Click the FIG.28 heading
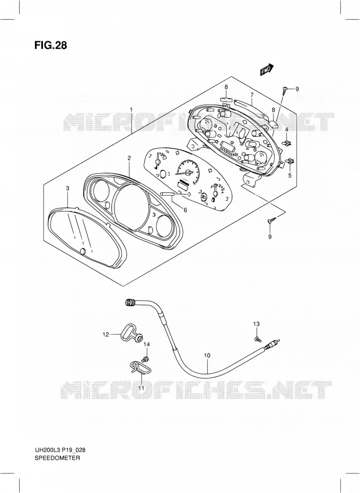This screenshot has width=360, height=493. (x=50, y=45)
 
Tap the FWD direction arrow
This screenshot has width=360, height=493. (x=267, y=70)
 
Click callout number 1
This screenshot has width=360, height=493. (x=131, y=110)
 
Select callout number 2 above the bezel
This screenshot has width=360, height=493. (x=129, y=159)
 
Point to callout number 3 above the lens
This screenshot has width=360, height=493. (x=67, y=188)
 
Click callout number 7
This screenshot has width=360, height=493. (x=252, y=95)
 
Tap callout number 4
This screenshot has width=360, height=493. (x=286, y=129)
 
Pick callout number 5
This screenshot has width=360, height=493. (x=290, y=175)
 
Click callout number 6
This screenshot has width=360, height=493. (x=185, y=210)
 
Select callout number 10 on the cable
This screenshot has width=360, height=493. (x=207, y=356)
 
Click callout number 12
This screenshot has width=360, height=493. (x=106, y=334)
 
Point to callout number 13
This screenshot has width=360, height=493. (x=257, y=324)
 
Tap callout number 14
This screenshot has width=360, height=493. (x=146, y=345)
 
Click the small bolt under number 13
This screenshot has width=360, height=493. (x=257, y=339)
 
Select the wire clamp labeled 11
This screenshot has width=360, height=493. (x=139, y=367)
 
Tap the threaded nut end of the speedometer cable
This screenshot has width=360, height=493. (x=129, y=303)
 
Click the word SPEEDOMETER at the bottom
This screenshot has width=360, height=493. (x=57, y=458)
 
